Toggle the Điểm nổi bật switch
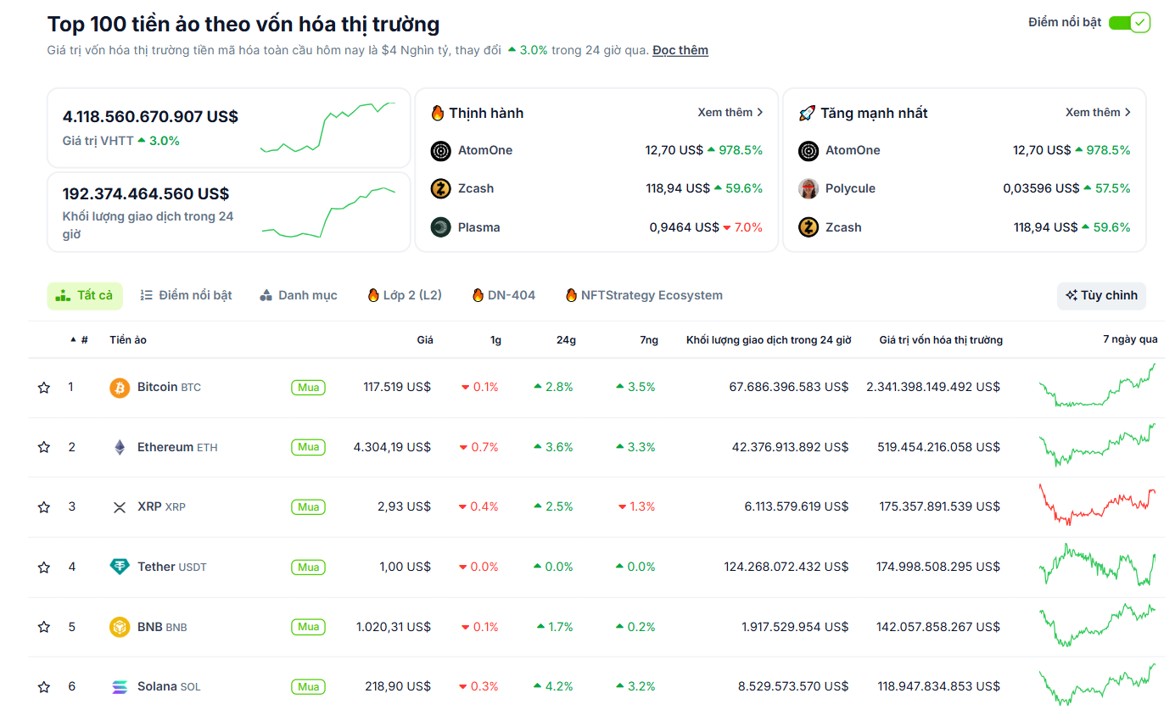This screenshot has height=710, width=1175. pyautogui.click(x=1128, y=23)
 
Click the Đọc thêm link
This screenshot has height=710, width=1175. pyautogui.click(x=680, y=50)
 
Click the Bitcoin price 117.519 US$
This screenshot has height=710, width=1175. pyautogui.click(x=397, y=387)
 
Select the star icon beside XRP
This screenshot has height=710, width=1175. pyautogui.click(x=44, y=507)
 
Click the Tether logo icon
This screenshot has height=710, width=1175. pyautogui.click(x=120, y=567)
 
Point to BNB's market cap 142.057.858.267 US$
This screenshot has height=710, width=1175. pyautogui.click(x=937, y=627)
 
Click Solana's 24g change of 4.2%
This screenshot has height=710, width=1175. pyautogui.click(x=554, y=686)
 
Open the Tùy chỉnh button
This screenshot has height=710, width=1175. pyautogui.click(x=1101, y=295)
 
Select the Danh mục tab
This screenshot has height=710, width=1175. pyautogui.click(x=298, y=295)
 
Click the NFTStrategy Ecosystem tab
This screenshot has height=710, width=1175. pyautogui.click(x=644, y=295)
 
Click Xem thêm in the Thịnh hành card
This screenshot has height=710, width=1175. pyautogui.click(x=730, y=113)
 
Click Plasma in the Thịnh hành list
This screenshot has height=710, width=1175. pyautogui.click(x=478, y=227)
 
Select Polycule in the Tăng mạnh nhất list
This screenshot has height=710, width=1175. pyautogui.click(x=849, y=188)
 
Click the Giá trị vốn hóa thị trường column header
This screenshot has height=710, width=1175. pyautogui.click(x=940, y=340)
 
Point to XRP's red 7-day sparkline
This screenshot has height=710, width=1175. pyautogui.click(x=1097, y=506)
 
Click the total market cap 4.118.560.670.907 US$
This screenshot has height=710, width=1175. pyautogui.click(x=150, y=116)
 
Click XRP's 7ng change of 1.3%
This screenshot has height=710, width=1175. pyautogui.click(x=637, y=506)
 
